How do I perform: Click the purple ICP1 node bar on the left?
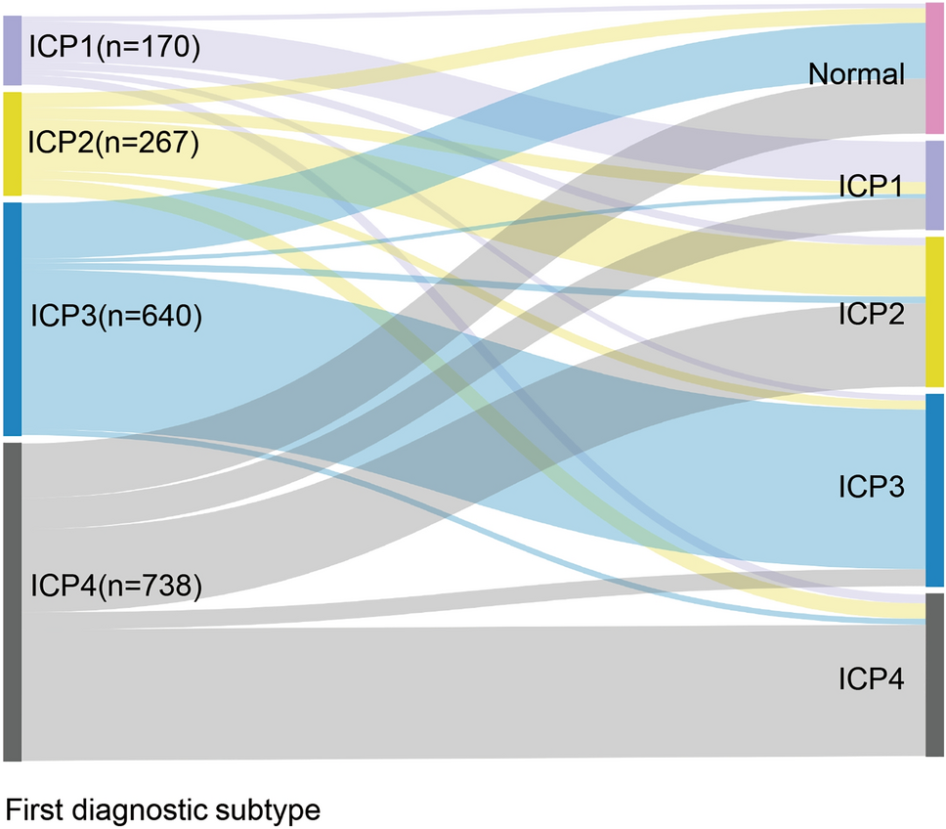pyautogui.click(x=12, y=50)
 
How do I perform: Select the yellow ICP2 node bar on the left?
pyautogui.click(x=12, y=143)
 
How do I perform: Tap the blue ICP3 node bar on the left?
pyautogui.click(x=12, y=319)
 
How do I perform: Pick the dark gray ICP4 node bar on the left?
pyautogui.click(x=12, y=601)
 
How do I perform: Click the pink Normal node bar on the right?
pyautogui.click(x=935, y=68)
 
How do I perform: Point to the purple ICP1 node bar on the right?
pyautogui.click(x=935, y=185)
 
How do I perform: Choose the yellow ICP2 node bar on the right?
pyautogui.click(x=935, y=311)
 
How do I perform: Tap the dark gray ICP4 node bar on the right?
pyautogui.click(x=935, y=675)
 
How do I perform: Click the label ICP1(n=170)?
pyautogui.click(x=114, y=46)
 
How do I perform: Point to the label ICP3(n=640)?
pyautogui.click(x=114, y=317)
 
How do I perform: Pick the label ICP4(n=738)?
pyautogui.click(x=114, y=586)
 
